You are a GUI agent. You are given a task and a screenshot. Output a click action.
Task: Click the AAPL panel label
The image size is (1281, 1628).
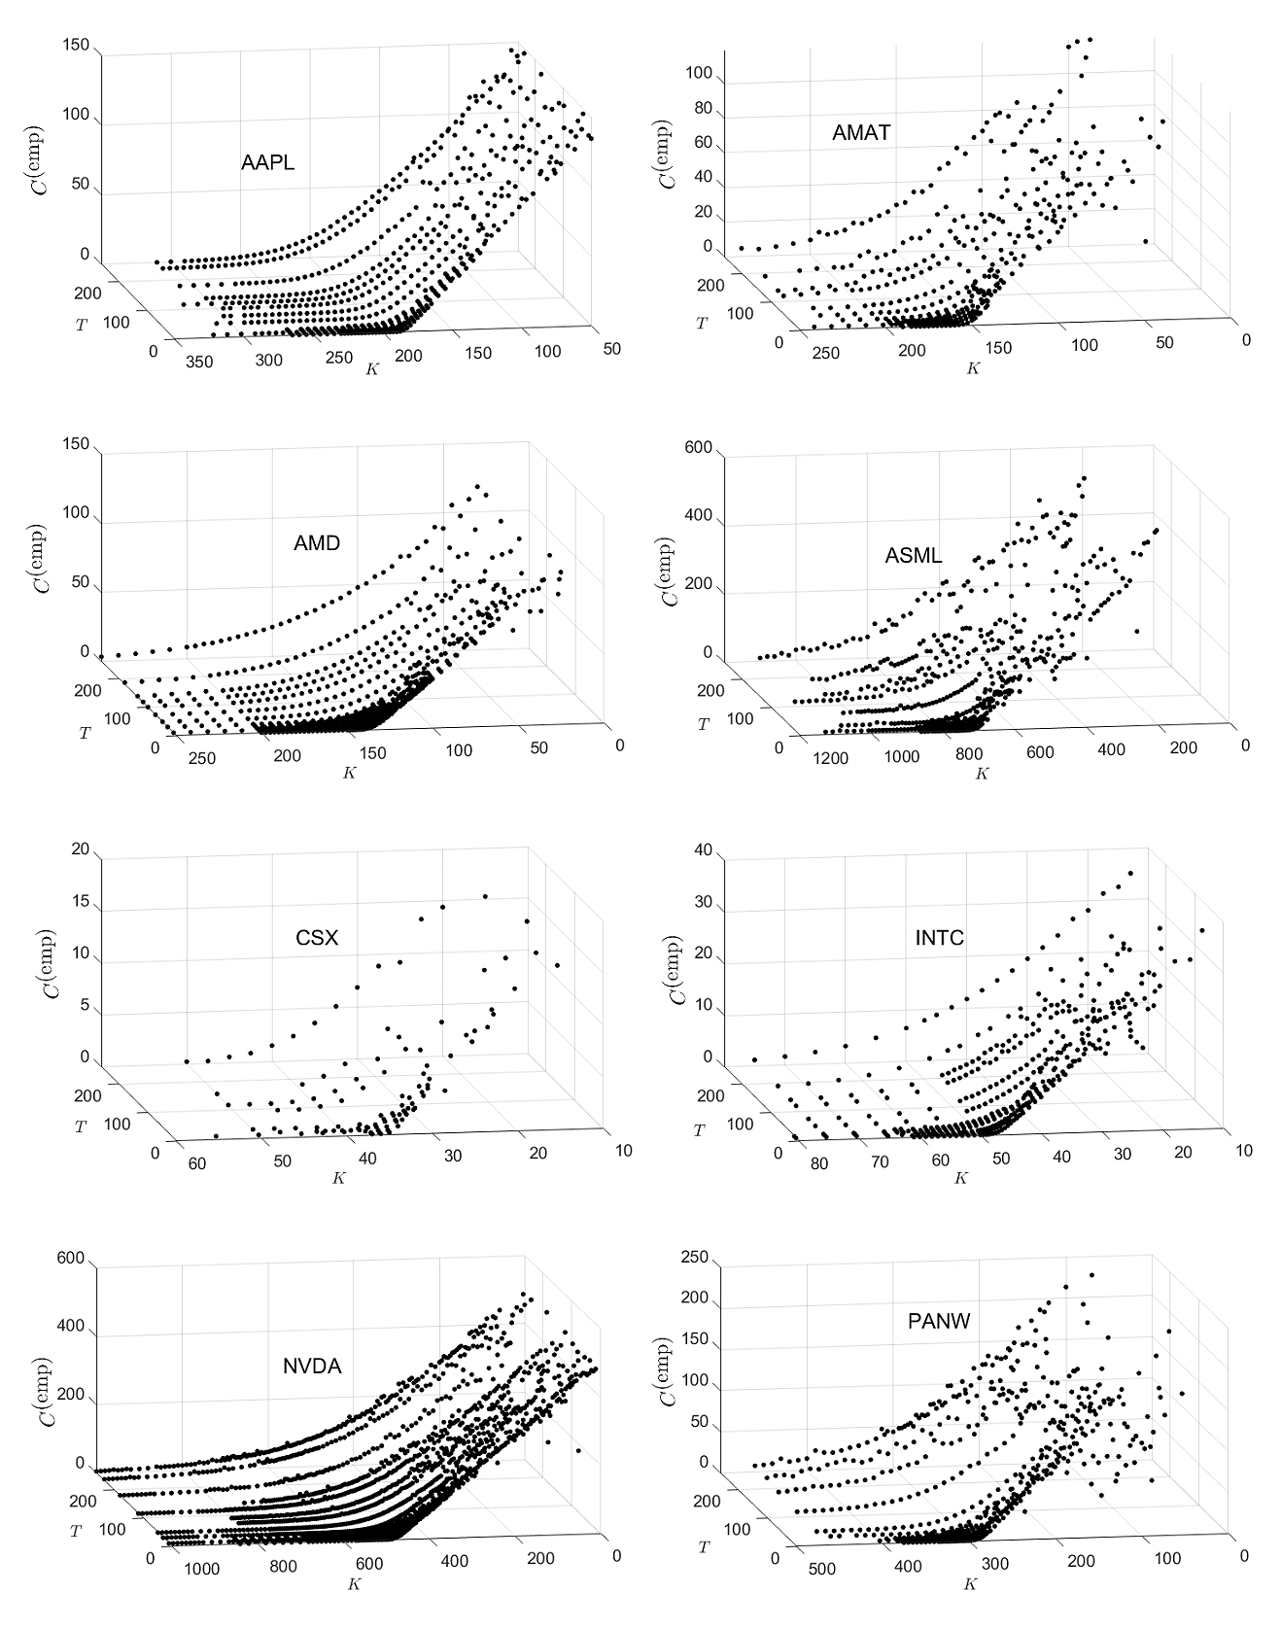pyautogui.click(x=267, y=163)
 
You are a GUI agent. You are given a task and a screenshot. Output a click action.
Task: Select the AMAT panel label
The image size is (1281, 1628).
pyautogui.click(x=860, y=133)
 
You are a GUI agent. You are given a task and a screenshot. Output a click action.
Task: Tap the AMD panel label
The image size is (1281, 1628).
pyautogui.click(x=317, y=543)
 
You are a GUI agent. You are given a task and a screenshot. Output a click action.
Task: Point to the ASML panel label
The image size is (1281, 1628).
pyautogui.click(x=913, y=556)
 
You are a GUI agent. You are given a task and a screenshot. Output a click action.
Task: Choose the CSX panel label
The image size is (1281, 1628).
pyautogui.click(x=317, y=939)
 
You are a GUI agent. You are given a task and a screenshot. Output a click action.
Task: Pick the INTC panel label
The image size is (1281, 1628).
pyautogui.click(x=940, y=938)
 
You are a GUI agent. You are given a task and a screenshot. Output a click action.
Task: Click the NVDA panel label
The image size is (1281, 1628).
pyautogui.click(x=312, y=1366)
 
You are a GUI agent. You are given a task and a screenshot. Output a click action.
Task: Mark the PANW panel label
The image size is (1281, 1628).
pyautogui.click(x=938, y=1321)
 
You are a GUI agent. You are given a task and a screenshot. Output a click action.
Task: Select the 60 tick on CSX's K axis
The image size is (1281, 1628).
pyautogui.click(x=197, y=1164)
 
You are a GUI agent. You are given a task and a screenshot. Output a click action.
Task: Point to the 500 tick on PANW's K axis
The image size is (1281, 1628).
pyautogui.click(x=821, y=1569)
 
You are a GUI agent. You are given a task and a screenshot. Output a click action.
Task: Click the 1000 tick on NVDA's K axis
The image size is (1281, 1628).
pyautogui.click(x=199, y=1569)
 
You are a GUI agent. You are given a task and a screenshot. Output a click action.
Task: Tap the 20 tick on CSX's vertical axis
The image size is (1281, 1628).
pyautogui.click(x=80, y=849)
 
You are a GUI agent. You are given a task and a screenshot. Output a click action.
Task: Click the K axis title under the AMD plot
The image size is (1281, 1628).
pyautogui.click(x=348, y=773)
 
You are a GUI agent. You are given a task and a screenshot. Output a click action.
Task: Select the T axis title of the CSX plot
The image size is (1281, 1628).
pyautogui.click(x=80, y=1126)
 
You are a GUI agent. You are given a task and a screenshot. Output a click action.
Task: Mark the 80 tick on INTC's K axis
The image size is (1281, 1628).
pyautogui.click(x=818, y=1164)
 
